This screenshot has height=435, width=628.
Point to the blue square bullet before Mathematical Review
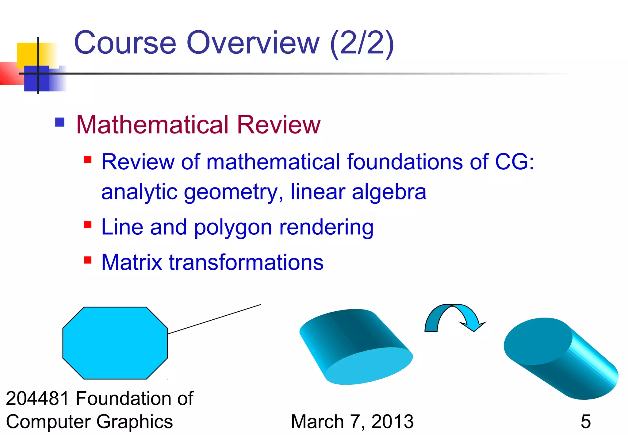click(x=60, y=122)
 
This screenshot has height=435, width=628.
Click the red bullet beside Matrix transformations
click(x=88, y=260)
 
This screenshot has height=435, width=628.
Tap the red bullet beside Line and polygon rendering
click(x=88, y=225)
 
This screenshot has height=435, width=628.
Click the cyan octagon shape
click(x=115, y=343)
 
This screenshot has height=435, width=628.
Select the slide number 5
click(x=585, y=422)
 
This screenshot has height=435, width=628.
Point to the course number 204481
click(x=37, y=398)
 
